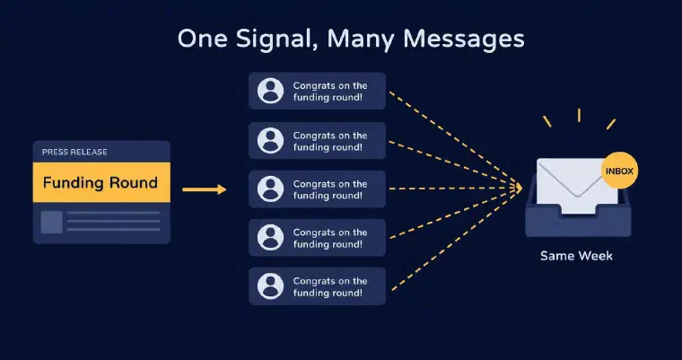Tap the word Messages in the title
[464, 39]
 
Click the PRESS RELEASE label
[74, 152]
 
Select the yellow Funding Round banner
[101, 182]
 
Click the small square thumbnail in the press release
[51, 222]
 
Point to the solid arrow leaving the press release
[205, 189]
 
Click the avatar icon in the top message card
[270, 91]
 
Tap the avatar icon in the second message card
[270, 141]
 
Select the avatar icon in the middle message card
[270, 189]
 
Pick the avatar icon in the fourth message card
[270, 238]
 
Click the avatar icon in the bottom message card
[270, 286]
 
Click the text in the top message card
[329, 92]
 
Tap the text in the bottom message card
[329, 286]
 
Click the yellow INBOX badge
[619, 171]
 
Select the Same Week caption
[576, 256]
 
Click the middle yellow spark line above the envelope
[579, 115]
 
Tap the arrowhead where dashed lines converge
[518, 188]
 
